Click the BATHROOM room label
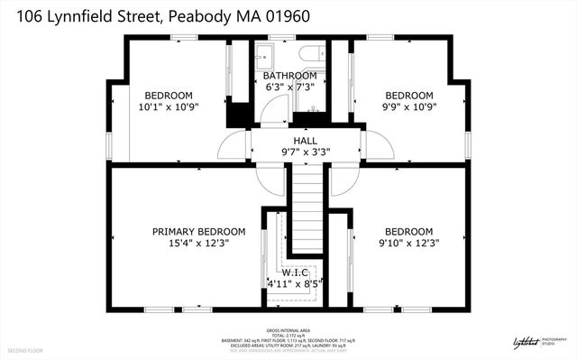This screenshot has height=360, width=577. [289, 75]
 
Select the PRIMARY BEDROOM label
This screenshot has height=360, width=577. [198, 231]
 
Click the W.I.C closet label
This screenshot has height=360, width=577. [294, 272]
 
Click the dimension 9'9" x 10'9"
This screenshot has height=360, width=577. [409, 106]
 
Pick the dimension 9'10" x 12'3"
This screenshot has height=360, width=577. [409, 243]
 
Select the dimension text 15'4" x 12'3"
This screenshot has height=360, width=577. [198, 243]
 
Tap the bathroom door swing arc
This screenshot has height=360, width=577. [268, 111]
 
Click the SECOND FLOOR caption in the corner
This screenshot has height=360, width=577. [25, 349]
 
